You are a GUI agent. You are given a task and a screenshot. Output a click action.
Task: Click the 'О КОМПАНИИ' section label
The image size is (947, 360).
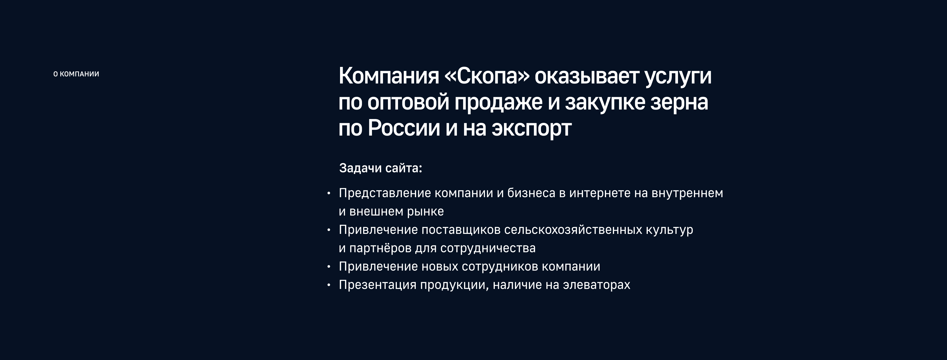[x=76, y=74]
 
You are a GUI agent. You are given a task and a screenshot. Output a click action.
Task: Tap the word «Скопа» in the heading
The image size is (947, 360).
[x=487, y=76]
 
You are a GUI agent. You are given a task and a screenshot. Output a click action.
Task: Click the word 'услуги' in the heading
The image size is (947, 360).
[x=678, y=76]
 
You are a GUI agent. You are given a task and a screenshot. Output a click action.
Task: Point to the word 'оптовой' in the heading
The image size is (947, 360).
[x=408, y=102]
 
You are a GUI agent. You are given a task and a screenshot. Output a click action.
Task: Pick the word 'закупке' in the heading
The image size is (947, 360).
[x=605, y=102]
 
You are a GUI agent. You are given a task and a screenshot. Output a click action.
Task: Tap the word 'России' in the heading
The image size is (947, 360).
[x=404, y=128]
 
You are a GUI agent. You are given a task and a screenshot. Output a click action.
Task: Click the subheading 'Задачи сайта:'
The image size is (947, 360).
[x=381, y=168]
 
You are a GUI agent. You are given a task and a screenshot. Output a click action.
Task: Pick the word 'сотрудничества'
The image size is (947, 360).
[x=487, y=248]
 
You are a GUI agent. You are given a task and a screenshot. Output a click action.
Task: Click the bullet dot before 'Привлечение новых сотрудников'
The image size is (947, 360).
[x=329, y=267]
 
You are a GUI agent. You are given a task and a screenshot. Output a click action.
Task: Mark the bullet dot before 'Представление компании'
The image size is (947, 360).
[x=329, y=193]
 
